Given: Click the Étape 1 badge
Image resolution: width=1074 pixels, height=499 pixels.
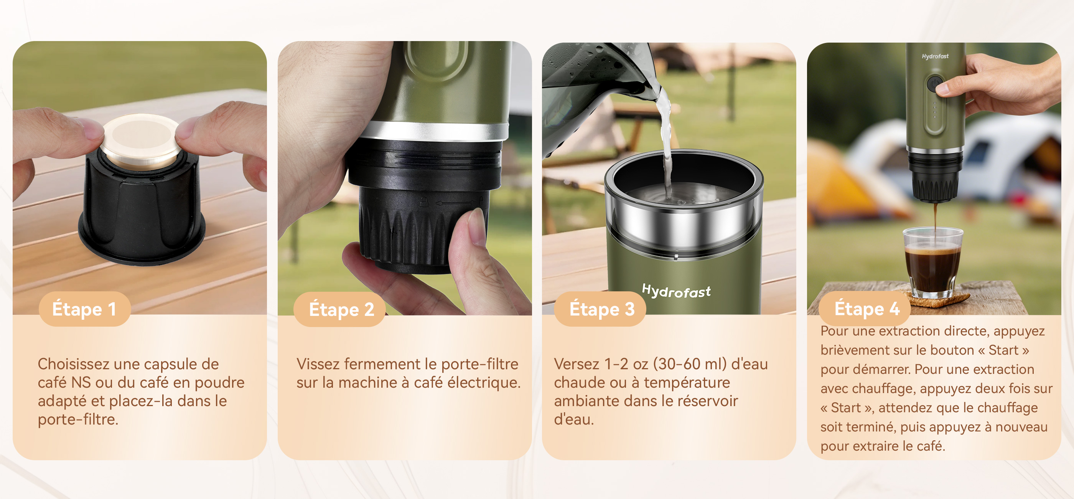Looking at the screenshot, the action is (85, 309).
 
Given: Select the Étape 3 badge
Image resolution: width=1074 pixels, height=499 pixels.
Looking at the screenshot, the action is (600, 309).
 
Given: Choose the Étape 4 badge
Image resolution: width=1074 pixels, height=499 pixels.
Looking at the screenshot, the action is (865, 309).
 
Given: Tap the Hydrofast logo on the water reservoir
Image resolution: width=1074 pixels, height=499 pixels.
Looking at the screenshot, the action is (676, 291).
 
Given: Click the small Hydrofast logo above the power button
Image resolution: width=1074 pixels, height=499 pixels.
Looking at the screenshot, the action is (935, 56).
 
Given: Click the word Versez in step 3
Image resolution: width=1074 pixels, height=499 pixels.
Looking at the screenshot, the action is (577, 364).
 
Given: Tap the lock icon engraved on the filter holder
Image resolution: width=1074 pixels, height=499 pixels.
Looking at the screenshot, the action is (424, 202).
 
